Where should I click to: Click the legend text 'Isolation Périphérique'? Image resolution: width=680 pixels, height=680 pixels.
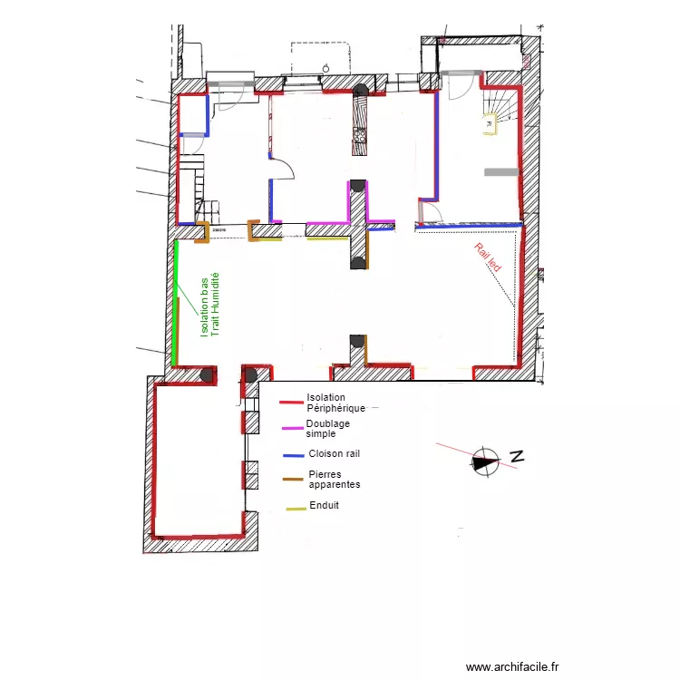click(x=335, y=403)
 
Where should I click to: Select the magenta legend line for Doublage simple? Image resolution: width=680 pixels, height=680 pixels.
click(x=292, y=428)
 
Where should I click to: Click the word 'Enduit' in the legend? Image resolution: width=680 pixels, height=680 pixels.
click(x=324, y=505)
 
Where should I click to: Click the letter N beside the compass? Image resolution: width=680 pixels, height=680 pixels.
click(x=517, y=457)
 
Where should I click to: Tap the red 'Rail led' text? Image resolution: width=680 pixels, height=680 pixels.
click(x=487, y=257)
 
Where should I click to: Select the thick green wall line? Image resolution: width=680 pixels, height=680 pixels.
click(x=175, y=299)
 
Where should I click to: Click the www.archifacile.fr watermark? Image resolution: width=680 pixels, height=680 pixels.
click(x=512, y=666)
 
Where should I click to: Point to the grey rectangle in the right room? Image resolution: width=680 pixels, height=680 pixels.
click(x=500, y=170)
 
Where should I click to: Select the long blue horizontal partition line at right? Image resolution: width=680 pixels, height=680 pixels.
click(x=470, y=224)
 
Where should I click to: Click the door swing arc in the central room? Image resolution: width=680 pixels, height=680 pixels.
click(x=285, y=168)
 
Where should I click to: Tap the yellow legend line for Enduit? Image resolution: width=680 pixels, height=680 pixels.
click(x=296, y=508)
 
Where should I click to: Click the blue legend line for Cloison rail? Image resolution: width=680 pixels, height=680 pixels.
click(x=293, y=454)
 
